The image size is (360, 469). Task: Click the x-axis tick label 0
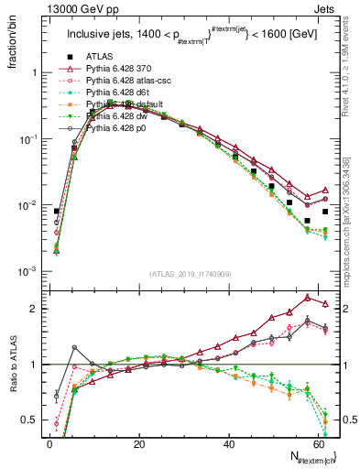49,443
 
